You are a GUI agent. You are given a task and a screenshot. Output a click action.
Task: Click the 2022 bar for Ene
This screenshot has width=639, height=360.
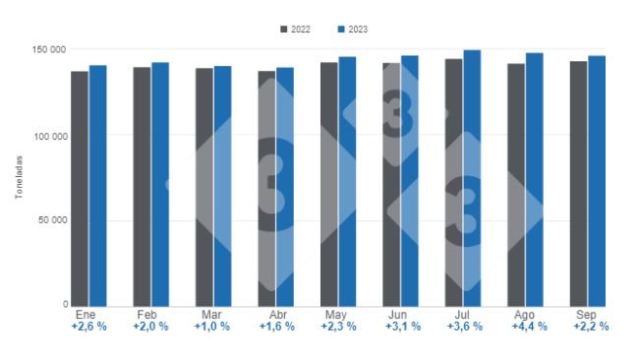[79, 187]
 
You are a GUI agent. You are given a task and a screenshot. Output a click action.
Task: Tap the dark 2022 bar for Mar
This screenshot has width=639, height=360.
[203, 186]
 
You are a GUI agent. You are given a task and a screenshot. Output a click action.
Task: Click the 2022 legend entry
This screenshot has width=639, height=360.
[294, 30]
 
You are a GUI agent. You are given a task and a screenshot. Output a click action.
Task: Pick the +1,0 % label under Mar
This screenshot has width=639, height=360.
[212, 326]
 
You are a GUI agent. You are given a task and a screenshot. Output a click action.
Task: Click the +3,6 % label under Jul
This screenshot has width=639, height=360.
[464, 326]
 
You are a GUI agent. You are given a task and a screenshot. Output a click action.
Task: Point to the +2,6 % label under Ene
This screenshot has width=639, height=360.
[87, 326]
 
